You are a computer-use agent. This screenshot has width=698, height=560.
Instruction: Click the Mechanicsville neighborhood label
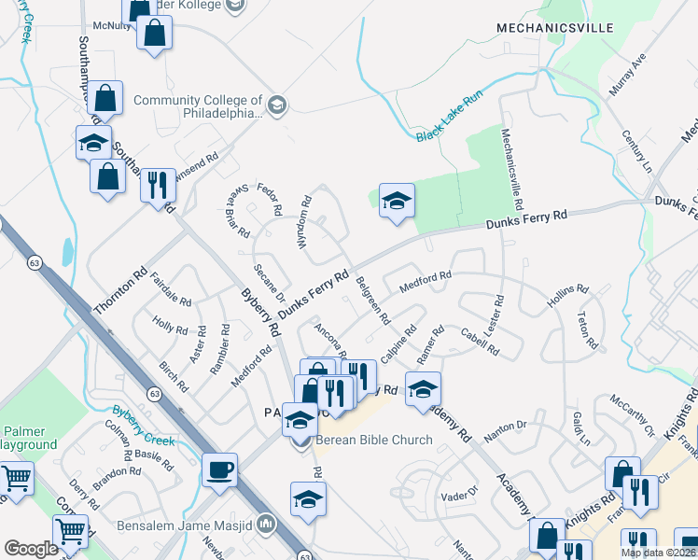554,28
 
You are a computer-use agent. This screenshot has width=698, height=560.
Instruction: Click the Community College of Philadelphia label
197,106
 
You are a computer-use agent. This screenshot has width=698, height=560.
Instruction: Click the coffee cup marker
220,469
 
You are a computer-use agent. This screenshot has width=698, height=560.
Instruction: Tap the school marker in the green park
397,200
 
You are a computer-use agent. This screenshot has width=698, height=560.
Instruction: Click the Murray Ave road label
627,76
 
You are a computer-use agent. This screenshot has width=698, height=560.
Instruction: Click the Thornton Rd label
120,291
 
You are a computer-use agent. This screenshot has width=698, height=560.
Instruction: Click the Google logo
31,549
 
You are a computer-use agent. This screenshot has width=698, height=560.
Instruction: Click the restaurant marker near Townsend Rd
158,184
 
